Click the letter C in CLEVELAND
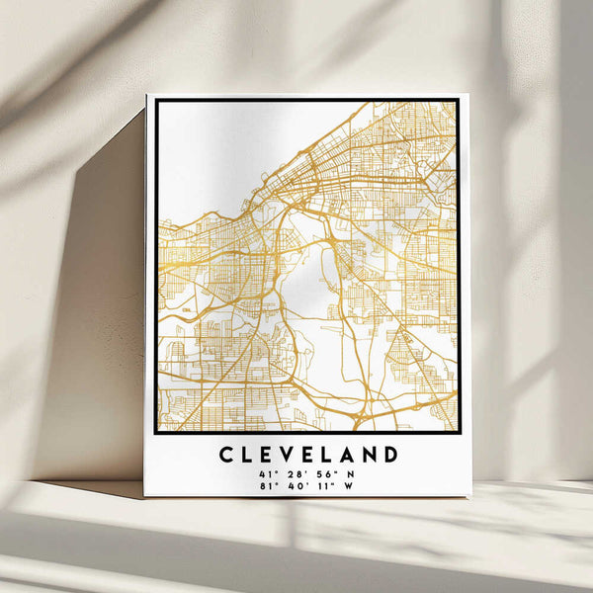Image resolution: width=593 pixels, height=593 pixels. click(x=225, y=456)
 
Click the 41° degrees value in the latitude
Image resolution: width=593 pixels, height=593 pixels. click(x=264, y=474)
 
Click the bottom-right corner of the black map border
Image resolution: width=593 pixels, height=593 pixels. click(x=458, y=432)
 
